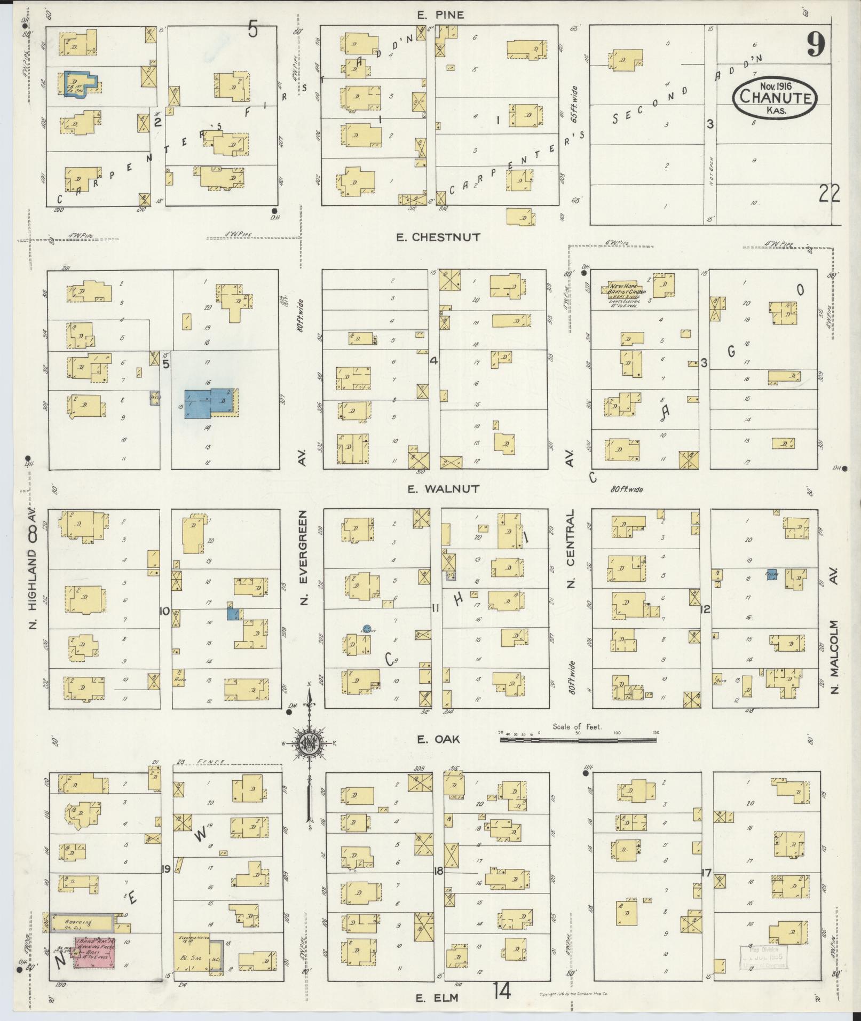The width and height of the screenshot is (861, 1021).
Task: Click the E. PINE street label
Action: point(440,15)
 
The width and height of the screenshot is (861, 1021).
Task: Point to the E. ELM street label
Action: point(437,998)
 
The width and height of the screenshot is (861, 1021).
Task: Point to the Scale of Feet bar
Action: point(578,740)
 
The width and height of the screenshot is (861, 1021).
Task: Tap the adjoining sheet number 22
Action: point(830,193)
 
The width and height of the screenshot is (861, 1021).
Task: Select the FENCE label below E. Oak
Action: point(210,762)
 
